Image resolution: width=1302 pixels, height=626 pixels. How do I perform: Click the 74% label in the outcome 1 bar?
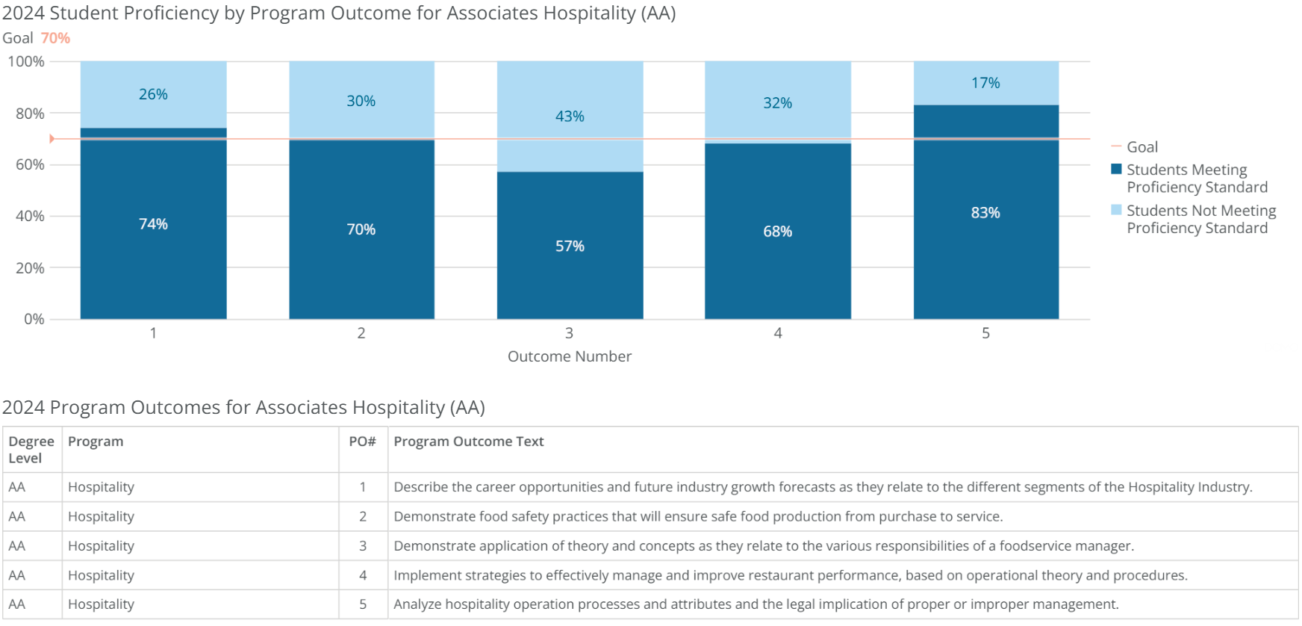(x=153, y=224)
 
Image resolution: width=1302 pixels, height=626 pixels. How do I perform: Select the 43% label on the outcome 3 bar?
(x=570, y=117)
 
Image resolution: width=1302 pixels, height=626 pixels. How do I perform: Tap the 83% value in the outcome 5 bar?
(x=985, y=213)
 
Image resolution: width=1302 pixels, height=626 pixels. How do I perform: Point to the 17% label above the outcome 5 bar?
(x=985, y=83)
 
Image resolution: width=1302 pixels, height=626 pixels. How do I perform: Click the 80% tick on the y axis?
(x=30, y=114)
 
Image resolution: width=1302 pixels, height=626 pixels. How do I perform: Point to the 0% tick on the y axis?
(x=34, y=319)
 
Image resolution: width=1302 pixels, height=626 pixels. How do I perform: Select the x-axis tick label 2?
(x=361, y=333)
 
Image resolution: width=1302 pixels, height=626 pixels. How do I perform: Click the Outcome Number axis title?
(x=570, y=356)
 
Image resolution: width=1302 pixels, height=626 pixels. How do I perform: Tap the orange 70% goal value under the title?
(x=55, y=38)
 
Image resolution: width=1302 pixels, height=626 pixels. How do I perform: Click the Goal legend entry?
(x=1141, y=147)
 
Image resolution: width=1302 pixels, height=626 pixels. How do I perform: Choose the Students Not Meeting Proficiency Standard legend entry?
(x=1200, y=219)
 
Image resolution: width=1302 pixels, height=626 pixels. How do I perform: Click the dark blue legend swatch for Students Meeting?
(x=1116, y=170)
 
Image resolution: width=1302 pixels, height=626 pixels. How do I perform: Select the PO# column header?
(x=362, y=441)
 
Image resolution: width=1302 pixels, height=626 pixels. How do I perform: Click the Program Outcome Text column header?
(x=469, y=441)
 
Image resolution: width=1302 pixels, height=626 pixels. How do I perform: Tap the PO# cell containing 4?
(x=363, y=575)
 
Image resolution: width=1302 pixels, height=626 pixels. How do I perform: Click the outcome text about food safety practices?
(x=698, y=516)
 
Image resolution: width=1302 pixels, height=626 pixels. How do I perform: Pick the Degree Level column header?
(x=31, y=450)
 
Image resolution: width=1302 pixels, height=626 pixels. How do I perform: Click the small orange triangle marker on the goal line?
(x=52, y=139)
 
